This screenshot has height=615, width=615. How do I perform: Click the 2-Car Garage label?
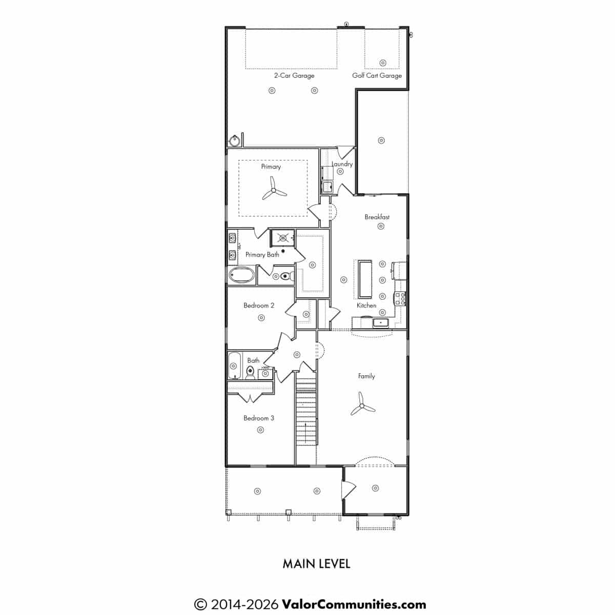coord(294,76)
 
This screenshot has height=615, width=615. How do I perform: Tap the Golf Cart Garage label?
coord(377,76)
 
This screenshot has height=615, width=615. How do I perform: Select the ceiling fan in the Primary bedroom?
coord(274,190)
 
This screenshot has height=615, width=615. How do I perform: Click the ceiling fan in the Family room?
coord(362,405)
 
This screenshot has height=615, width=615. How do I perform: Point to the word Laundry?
coord(342,164)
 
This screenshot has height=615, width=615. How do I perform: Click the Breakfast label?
coord(377,217)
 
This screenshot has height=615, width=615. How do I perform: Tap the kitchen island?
coord(365,279)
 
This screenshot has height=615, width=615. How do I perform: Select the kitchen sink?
coord(380,323)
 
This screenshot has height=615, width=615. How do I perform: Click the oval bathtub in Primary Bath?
coord(242,275)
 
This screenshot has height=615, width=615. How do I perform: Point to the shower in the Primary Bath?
coord(283,238)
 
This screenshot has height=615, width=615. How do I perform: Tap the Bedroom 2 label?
coord(258,305)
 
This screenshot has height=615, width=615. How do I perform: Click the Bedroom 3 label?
coord(258,418)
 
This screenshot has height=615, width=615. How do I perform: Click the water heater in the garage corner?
coord(235,141)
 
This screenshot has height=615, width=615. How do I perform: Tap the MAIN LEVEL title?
coord(316,564)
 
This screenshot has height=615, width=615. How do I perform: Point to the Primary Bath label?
coord(262,255)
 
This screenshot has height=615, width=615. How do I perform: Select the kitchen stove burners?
coord(400,299)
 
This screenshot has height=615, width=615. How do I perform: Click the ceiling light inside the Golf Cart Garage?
coord(383,63)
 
